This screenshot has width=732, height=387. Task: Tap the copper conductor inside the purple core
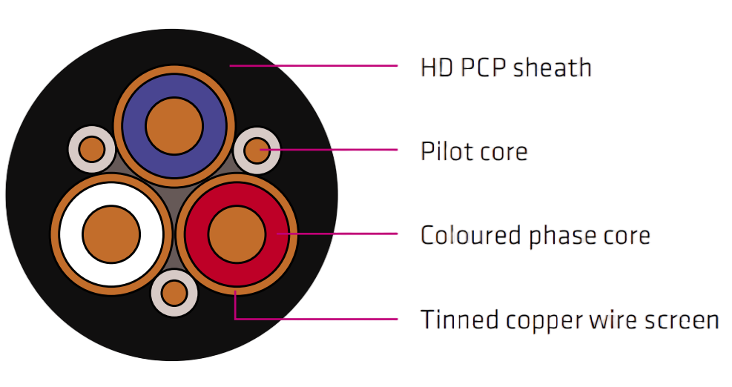[x=174, y=126]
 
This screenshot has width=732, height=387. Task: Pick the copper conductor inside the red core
[x=237, y=234]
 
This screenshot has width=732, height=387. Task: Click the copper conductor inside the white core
[x=111, y=234]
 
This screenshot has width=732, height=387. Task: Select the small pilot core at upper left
[x=92, y=149]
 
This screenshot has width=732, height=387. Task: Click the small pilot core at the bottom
[x=174, y=293]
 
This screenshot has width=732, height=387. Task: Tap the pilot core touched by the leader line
[x=257, y=150]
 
